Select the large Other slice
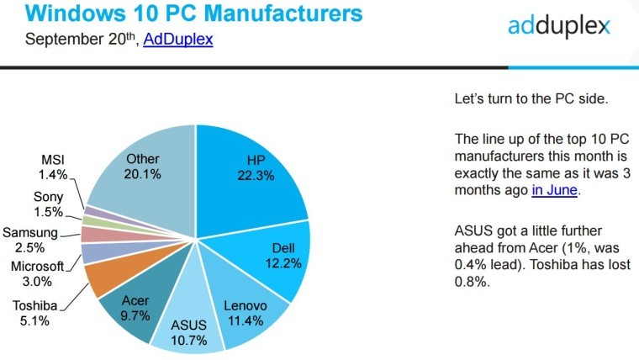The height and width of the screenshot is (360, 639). [x=143, y=168]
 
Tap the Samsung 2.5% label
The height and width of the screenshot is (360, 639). [x=30, y=240]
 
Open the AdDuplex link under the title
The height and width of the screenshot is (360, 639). [x=177, y=40]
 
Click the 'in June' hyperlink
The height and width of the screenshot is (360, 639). [x=555, y=190]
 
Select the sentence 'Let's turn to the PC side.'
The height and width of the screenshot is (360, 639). [x=530, y=98]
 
